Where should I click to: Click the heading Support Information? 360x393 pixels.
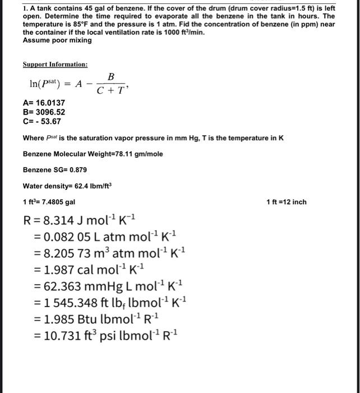tap(55, 65)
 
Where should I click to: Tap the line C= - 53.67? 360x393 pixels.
tap(41, 121)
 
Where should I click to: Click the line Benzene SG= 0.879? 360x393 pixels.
tap(55, 170)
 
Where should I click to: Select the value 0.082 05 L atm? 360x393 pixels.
tap(90, 235)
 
